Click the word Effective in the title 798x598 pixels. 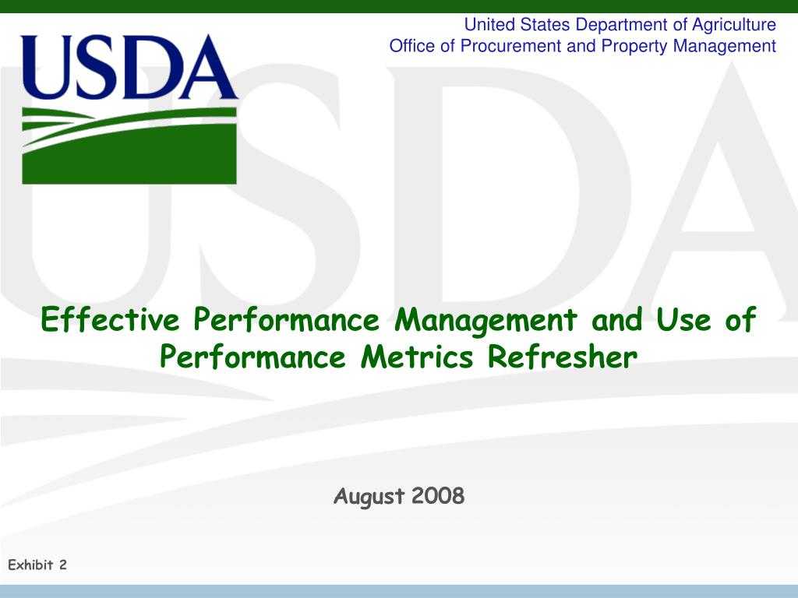coord(110,319)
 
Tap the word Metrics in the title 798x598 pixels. coord(417,357)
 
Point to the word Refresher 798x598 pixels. coord(563,357)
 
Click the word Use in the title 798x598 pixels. coord(683,319)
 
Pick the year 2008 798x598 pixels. coord(438,495)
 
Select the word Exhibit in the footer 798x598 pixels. coord(30,565)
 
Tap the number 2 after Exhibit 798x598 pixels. coord(63,565)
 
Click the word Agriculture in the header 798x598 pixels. coord(734,25)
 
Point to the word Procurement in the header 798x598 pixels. coord(510,46)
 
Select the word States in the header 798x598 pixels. coord(545,24)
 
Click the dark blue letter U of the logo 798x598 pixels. coord(48,67)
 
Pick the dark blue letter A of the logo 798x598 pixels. coord(207,67)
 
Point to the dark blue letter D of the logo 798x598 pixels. coord(149,67)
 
